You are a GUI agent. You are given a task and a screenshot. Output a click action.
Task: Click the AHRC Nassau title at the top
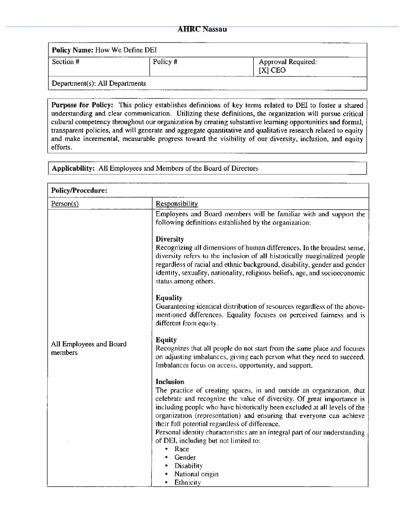[x=202, y=29]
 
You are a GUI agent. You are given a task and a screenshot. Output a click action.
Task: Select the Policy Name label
[x=72, y=50]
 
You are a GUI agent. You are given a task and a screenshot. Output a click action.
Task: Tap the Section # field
[x=66, y=62]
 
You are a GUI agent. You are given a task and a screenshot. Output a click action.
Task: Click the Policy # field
[x=165, y=62]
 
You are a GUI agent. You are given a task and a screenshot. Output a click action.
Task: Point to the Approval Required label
[x=288, y=62]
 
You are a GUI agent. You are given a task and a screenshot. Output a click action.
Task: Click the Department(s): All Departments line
[x=99, y=84]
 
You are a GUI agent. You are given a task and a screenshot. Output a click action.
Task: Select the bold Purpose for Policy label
[x=79, y=105]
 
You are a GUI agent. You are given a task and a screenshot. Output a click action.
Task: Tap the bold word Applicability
[x=73, y=168]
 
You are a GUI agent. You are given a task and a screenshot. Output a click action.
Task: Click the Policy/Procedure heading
[x=79, y=191]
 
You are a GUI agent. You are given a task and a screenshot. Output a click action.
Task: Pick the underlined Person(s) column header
[x=65, y=204]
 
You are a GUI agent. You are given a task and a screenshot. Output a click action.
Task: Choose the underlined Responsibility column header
[x=176, y=204]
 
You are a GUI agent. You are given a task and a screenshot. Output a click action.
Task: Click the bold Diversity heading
[x=170, y=239]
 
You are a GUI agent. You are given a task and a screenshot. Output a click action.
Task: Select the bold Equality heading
[x=169, y=298]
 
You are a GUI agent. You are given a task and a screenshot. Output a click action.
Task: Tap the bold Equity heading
[x=166, y=340]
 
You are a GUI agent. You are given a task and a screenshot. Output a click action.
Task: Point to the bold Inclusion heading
[x=170, y=381]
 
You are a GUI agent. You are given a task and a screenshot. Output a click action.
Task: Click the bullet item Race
[x=182, y=449]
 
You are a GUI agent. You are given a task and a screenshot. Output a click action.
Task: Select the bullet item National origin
[x=196, y=474]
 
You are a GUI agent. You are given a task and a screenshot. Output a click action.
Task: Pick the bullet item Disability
[x=188, y=466]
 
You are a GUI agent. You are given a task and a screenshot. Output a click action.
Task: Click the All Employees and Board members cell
[x=89, y=348]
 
